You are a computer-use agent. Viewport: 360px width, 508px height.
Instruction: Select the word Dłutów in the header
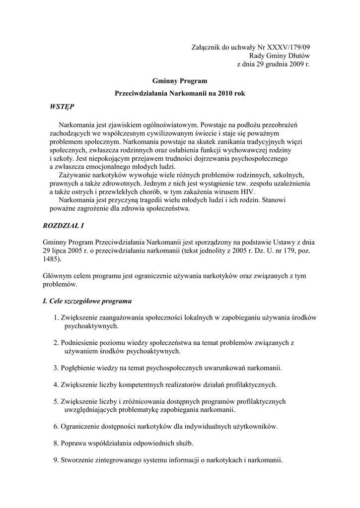(x=297, y=56)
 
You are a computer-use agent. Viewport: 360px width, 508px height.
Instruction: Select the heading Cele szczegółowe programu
(x=88, y=301)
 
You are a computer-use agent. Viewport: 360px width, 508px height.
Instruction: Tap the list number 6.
(x=55, y=426)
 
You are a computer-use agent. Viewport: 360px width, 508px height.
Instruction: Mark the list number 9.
(x=55, y=459)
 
